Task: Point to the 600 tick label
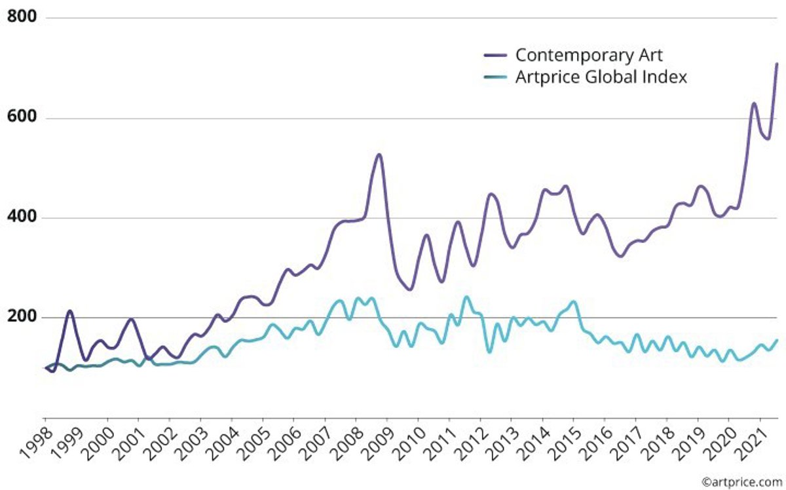tap(21, 118)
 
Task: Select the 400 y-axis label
tap(21, 217)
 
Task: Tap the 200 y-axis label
tap(21, 317)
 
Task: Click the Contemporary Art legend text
tap(589, 54)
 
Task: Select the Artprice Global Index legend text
tap(601, 77)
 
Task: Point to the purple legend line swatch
tap(496, 55)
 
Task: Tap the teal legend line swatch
tap(496, 78)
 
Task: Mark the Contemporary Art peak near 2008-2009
tap(379, 155)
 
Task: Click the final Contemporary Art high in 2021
tap(777, 64)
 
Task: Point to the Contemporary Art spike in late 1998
tap(69, 311)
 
